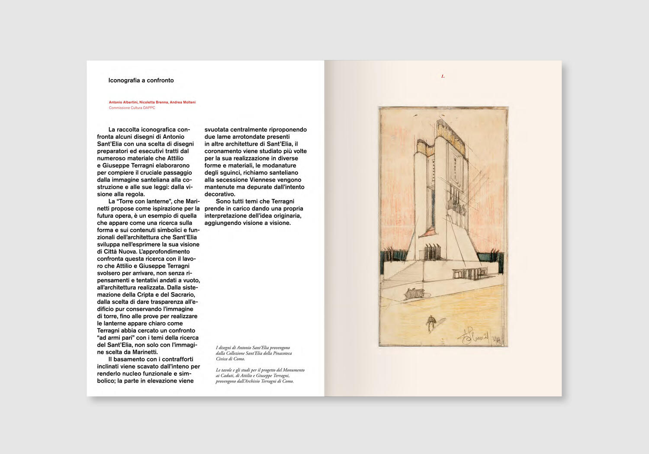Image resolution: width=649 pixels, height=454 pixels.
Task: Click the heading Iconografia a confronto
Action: (x=141, y=80)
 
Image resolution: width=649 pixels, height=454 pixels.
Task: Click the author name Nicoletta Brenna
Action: (x=154, y=102)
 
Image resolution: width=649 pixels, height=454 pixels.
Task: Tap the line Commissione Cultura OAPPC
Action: (x=132, y=108)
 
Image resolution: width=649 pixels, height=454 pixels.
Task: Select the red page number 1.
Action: (x=443, y=77)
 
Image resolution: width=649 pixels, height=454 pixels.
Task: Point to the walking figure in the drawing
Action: (x=431, y=323)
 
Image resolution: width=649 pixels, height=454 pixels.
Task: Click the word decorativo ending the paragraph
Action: (x=220, y=194)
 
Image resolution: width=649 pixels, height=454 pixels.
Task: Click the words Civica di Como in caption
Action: (x=231, y=359)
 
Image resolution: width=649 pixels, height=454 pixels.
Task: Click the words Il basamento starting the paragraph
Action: (x=126, y=359)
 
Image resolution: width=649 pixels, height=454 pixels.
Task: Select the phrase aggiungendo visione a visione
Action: (x=247, y=223)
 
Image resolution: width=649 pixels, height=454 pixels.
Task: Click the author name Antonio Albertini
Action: (x=123, y=102)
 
